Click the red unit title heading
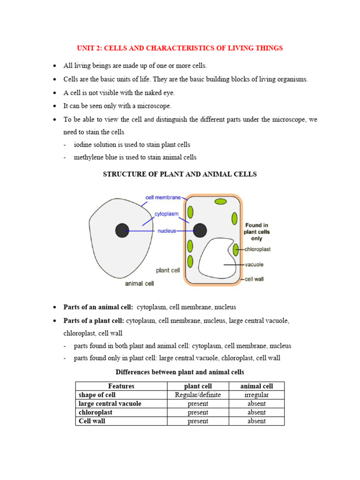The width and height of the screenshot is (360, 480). pos(180,48)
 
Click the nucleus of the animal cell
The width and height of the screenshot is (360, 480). pos(122,231)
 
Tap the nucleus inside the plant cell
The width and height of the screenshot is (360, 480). pos(200,230)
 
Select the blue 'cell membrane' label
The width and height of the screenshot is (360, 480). pos(163,197)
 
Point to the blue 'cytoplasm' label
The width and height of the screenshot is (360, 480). pos(166,214)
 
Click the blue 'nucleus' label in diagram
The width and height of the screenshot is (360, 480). pos(166,231)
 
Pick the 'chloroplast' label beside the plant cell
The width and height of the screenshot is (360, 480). pos(257,249)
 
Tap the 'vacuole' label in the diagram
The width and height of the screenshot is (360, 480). pos(255,265)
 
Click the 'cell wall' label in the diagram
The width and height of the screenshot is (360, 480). pos(255,279)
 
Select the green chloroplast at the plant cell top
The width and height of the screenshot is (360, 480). pos(220,202)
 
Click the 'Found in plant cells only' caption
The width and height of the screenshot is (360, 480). pos(256,232)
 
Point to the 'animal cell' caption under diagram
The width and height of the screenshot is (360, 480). pos(139,284)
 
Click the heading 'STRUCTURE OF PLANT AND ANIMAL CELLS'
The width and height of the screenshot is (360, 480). pos(180,174)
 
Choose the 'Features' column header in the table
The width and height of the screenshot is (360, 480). pos(121,386)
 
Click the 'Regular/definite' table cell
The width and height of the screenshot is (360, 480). pos(197,395)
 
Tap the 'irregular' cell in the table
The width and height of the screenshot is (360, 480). pos(256,395)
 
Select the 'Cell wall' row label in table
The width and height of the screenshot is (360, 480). pos(92,421)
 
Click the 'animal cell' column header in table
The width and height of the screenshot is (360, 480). pos(256,386)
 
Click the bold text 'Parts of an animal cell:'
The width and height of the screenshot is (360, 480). pos(98,307)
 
